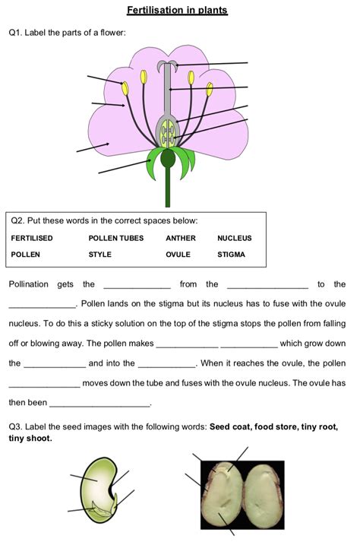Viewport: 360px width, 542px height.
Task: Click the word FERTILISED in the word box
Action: coord(32,238)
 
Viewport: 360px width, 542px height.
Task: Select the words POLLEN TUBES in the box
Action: coord(115,238)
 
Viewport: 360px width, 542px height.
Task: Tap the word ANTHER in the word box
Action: coord(181,238)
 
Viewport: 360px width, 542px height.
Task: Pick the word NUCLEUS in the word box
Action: coord(234,238)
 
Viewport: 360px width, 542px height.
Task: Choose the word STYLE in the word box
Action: coord(99,255)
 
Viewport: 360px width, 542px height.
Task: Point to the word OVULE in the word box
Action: coord(178,255)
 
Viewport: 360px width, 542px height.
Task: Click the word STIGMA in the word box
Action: coord(231,255)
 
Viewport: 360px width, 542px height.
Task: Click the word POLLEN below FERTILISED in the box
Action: coord(25,255)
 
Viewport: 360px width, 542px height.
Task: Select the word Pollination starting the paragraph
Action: coord(29,284)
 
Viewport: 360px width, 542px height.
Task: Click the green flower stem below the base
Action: coord(168,190)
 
